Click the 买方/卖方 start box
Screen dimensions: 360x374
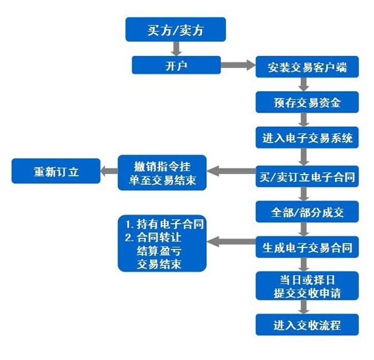(175, 30)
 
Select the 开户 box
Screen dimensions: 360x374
(176, 65)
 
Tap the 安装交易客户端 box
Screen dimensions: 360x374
(307, 67)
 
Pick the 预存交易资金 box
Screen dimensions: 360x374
(307, 103)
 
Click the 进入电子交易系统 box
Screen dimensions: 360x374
(307, 138)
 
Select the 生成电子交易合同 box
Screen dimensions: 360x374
(307, 246)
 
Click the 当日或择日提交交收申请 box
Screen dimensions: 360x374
(307, 285)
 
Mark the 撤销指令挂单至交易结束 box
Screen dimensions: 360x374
(162, 172)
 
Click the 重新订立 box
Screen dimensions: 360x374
(56, 172)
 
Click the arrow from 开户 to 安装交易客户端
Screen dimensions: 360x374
(238, 65)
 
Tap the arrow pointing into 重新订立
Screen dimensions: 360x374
(108, 172)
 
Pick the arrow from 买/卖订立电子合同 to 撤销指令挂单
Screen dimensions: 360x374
(231, 173)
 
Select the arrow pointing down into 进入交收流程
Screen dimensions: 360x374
(305, 308)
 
